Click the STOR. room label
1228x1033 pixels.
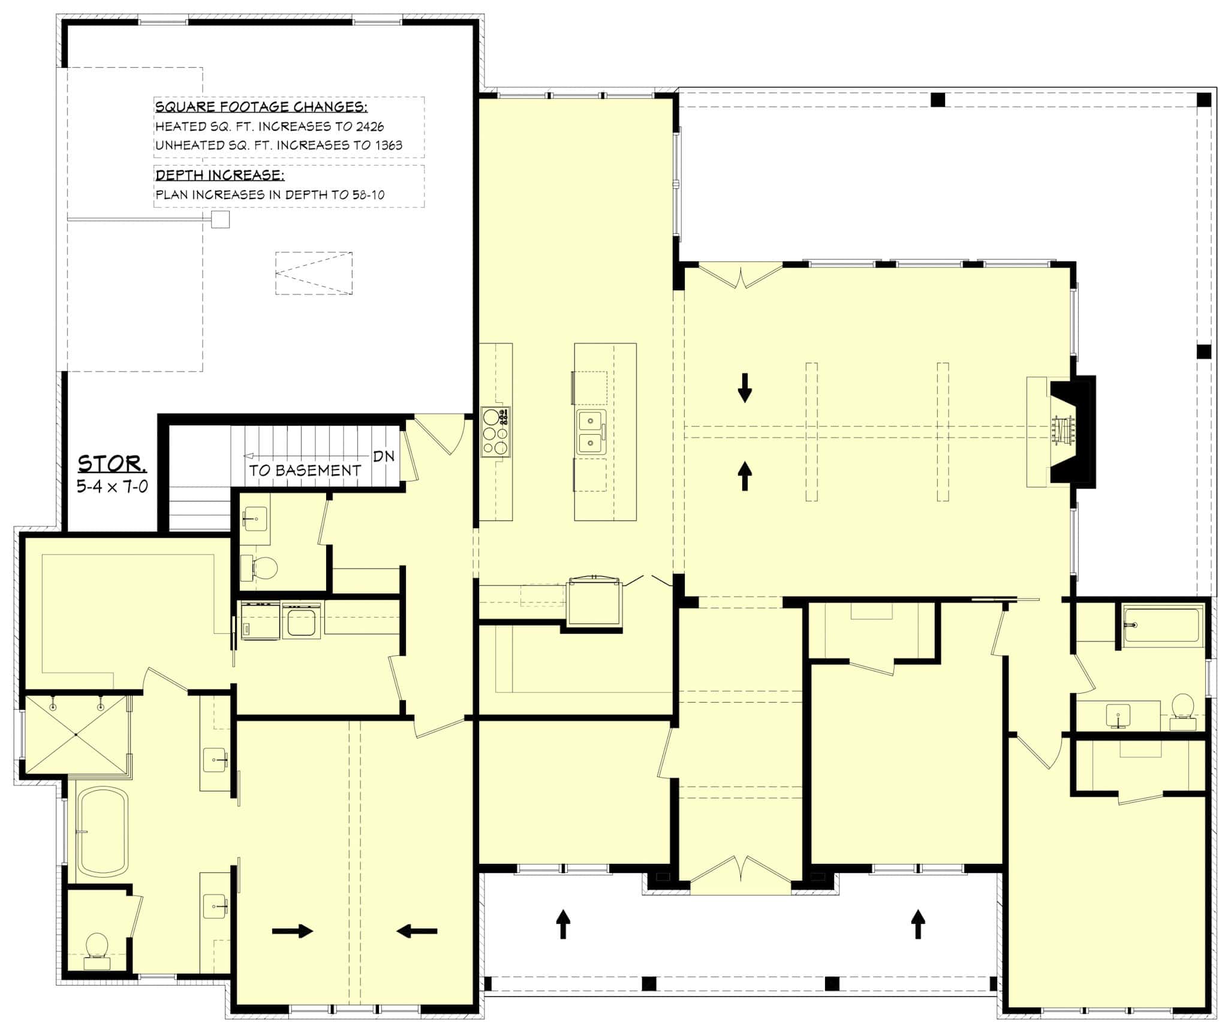112,463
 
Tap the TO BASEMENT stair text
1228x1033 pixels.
305,471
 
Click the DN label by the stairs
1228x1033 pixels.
384,456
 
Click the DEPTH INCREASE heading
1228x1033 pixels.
219,175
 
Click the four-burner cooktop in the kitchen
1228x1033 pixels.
496,432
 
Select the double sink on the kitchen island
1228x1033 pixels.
591,432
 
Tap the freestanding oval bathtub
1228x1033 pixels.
103,832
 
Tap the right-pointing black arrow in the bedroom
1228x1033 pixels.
293,931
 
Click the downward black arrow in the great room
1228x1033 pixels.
745,387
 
